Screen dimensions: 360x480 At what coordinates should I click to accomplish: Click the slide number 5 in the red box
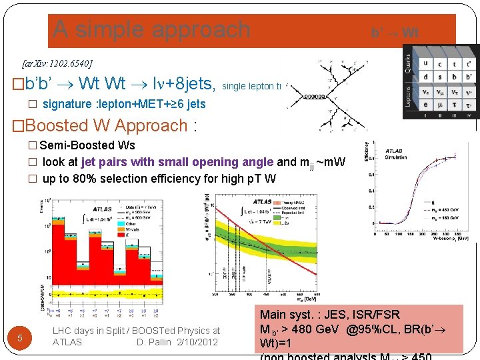point(20,338)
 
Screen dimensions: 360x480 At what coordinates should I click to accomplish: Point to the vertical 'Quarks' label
point(409,64)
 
